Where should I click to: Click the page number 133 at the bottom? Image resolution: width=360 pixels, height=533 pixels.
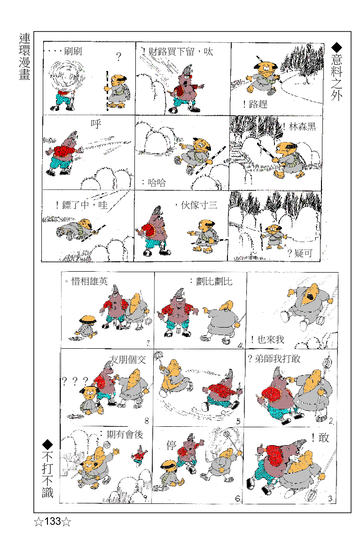pos(53,521)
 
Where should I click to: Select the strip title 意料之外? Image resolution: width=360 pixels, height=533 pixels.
pos(337,72)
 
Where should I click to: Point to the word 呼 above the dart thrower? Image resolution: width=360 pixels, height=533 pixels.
pos(96,124)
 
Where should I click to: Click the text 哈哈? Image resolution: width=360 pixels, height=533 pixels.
pos(154,182)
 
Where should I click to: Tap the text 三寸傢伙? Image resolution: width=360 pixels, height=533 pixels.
pos(196,205)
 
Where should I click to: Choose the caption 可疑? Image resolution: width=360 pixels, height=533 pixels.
pos(300,253)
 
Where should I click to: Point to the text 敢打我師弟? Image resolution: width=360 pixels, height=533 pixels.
pos(274,359)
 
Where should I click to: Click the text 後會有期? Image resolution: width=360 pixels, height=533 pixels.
pos(122,435)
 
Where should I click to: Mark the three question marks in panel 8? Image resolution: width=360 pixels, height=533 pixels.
pos(75,380)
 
